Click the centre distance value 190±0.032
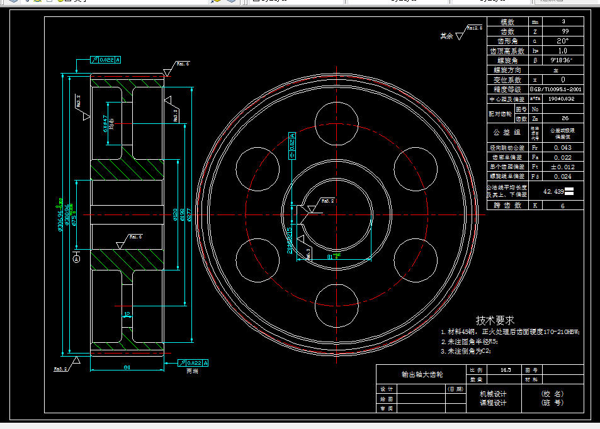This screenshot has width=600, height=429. pos(562,99)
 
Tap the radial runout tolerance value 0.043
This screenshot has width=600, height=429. pos(562,147)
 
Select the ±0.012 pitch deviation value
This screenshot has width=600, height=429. pos(562,167)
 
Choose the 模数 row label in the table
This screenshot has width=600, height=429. pos(507,22)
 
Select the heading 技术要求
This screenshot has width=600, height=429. pos(495,320)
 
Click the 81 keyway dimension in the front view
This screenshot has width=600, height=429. pos(330,256)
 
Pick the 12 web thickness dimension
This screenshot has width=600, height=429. pos(127,313)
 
